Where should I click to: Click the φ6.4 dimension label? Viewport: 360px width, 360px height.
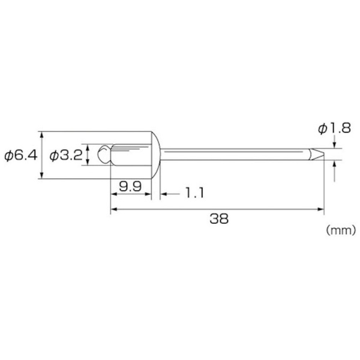coord(20,155)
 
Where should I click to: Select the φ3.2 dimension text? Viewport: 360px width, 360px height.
coord(66,155)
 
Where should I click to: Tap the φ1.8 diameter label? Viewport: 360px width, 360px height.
coord(334,128)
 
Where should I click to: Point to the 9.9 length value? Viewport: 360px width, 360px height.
coord(130,186)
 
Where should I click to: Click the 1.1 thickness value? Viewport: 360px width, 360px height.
coord(194,193)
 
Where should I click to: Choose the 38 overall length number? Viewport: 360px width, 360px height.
coord(219,218)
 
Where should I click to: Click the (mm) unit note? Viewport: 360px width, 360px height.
coord(341,230)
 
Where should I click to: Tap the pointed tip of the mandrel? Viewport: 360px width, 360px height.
coord(324,154)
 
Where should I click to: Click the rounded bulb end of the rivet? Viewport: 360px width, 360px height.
coord(104,154)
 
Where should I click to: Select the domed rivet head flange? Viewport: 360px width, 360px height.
coord(156,155)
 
